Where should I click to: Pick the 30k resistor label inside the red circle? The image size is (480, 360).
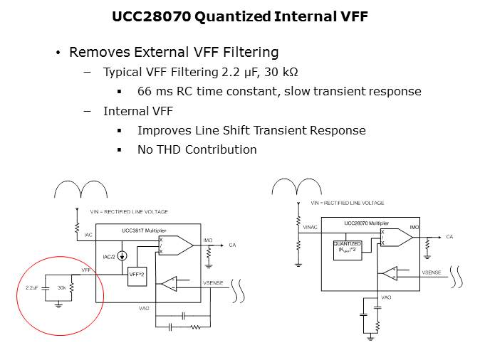[x=62, y=288]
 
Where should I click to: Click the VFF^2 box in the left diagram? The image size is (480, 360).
[x=137, y=273]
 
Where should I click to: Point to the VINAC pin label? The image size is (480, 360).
[x=309, y=228]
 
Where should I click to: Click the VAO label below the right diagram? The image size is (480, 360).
[x=387, y=297]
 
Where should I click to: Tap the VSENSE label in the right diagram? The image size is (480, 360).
[x=432, y=272]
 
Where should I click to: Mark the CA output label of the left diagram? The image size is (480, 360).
[x=232, y=245]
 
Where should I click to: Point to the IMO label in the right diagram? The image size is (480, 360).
[x=414, y=227]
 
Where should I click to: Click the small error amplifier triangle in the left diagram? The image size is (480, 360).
[x=168, y=283]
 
